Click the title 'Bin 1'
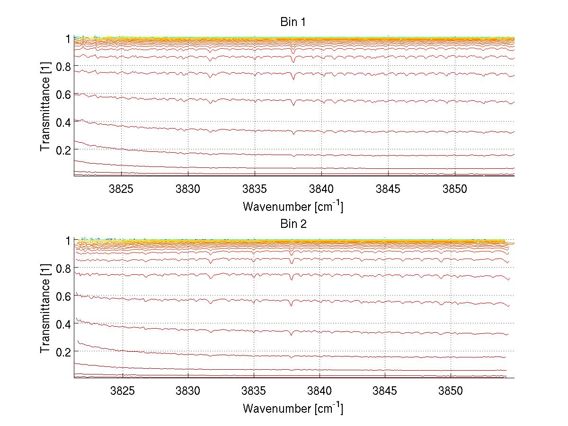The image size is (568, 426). [293, 22]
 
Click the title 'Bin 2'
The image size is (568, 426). [293, 224]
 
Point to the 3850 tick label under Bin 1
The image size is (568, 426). [455, 189]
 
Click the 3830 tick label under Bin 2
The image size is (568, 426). [188, 391]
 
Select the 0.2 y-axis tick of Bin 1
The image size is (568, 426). [63, 150]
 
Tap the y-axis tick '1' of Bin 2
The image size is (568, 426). [68, 241]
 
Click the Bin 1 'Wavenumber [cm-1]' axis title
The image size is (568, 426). [293, 206]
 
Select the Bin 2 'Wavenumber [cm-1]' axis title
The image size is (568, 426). [293, 408]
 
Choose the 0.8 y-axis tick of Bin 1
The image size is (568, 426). [63, 67]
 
